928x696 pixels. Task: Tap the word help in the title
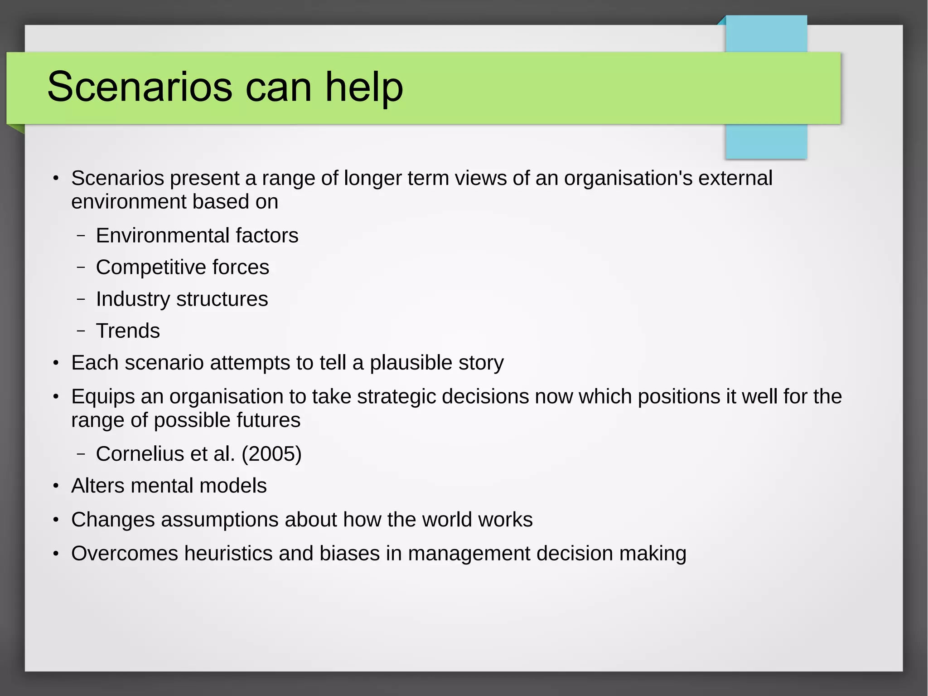[x=364, y=87]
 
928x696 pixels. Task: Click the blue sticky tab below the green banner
[x=766, y=141]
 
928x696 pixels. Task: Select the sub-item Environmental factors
[x=197, y=236]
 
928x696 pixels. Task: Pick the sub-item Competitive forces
[x=183, y=268]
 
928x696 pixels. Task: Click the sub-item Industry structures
[x=182, y=299]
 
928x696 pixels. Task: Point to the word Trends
[x=128, y=331]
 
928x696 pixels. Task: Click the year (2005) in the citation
[x=271, y=454]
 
